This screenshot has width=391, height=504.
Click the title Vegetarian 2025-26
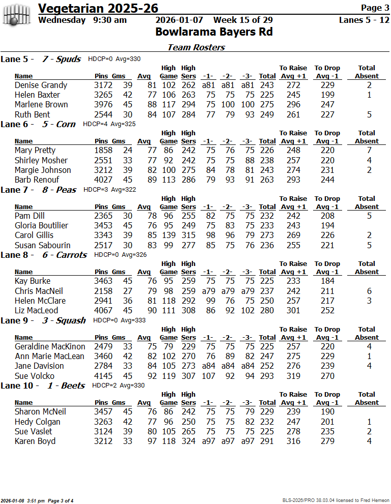98,8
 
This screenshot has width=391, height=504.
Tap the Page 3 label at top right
375,8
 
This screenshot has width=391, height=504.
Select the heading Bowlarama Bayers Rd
214,32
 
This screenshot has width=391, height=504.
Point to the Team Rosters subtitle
196,47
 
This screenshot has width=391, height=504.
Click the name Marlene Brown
41,105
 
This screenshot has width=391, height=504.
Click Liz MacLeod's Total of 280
267,311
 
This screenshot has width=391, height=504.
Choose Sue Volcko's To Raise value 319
293,376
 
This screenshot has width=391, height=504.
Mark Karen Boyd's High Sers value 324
188,441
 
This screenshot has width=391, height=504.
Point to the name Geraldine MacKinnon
50,347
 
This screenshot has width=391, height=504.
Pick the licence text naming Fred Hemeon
336,500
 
